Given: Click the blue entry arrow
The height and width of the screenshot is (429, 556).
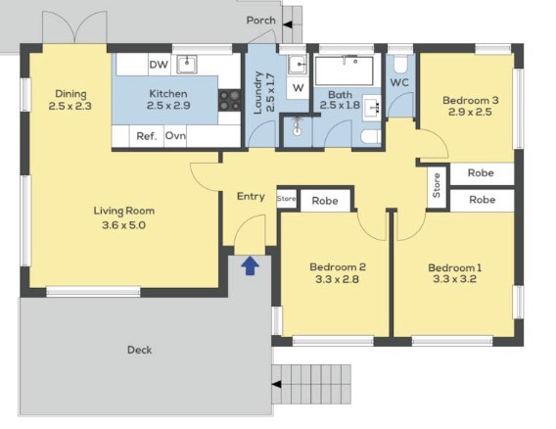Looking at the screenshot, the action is (250, 265).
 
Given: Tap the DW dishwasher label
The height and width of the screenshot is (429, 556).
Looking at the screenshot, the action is (159, 65).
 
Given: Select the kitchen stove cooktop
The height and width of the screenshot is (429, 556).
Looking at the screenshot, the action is (229, 100).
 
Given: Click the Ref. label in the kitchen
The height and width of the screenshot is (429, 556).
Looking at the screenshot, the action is (147, 136).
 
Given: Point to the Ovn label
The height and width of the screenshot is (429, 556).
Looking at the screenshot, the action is (175, 135).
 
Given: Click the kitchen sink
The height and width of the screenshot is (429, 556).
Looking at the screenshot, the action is (187, 65).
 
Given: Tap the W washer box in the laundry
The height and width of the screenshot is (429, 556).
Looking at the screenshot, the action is (299, 87).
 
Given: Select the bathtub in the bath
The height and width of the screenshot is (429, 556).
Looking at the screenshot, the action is (344, 71).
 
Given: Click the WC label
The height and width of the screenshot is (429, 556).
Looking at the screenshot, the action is (399, 82).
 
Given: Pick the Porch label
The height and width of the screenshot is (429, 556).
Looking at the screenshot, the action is (261, 21).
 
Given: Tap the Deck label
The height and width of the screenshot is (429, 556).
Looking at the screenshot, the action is (140, 350).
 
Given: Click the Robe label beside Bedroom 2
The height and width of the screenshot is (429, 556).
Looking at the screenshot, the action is (325, 201).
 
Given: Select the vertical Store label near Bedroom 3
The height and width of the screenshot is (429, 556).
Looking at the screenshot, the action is (437, 185).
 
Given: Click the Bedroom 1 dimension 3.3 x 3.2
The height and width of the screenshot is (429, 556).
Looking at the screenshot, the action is (454, 279).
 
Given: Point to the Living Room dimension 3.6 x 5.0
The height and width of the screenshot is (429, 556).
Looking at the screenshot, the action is (123, 225).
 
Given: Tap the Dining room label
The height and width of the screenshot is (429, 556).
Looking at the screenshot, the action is (70, 94).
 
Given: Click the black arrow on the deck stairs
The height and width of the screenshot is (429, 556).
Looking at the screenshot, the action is (277, 384).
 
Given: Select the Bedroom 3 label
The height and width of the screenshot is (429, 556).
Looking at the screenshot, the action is (471, 100).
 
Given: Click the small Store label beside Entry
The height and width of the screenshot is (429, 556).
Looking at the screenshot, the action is (286, 199).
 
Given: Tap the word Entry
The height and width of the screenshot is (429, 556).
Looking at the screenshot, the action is (251, 196).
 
